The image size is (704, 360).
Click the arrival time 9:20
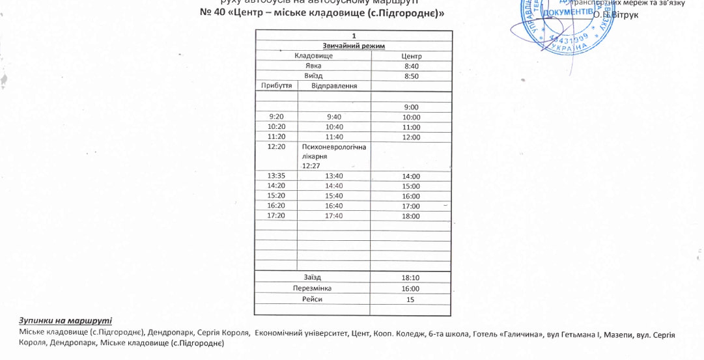tap(277, 117)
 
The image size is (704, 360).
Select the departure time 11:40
tap(334, 137)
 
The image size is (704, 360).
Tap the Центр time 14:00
tap(411, 176)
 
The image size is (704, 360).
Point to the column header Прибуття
tap(276, 86)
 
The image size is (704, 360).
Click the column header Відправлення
tap(334, 86)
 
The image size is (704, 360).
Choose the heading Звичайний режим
tap(354, 46)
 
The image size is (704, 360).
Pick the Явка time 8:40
tap(411, 66)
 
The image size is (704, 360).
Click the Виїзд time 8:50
tap(411, 76)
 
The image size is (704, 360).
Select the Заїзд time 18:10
tap(411, 278)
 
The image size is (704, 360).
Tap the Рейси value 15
tap(410, 299)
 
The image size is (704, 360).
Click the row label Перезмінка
tap(313, 288)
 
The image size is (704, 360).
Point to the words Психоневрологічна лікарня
tap(333, 152)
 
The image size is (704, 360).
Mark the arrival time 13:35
tap(277, 176)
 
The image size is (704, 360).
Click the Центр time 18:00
tap(411, 216)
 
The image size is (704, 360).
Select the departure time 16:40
tap(334, 206)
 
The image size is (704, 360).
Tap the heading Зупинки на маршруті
tap(65, 321)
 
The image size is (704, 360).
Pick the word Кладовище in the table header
tap(313, 56)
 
